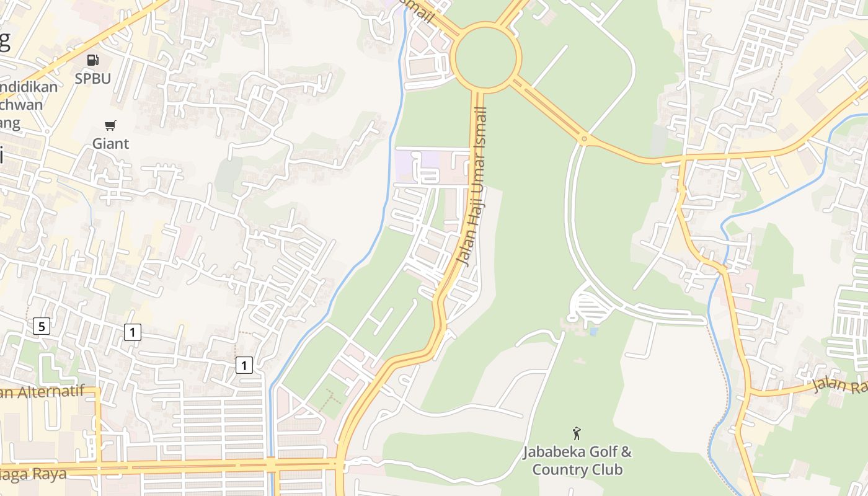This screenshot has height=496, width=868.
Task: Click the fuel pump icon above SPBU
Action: coord(93,60)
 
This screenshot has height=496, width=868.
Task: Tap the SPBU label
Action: coord(93,79)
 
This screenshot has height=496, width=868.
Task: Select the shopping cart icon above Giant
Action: coord(110,126)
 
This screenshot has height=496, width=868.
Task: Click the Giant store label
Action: coord(111,144)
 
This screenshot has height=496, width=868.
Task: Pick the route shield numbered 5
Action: coord(41,326)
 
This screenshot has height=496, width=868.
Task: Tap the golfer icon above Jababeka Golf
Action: coord(577,433)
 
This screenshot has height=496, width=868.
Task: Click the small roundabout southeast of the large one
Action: coord(583,139)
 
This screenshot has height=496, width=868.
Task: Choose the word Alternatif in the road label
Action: coord(46,392)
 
